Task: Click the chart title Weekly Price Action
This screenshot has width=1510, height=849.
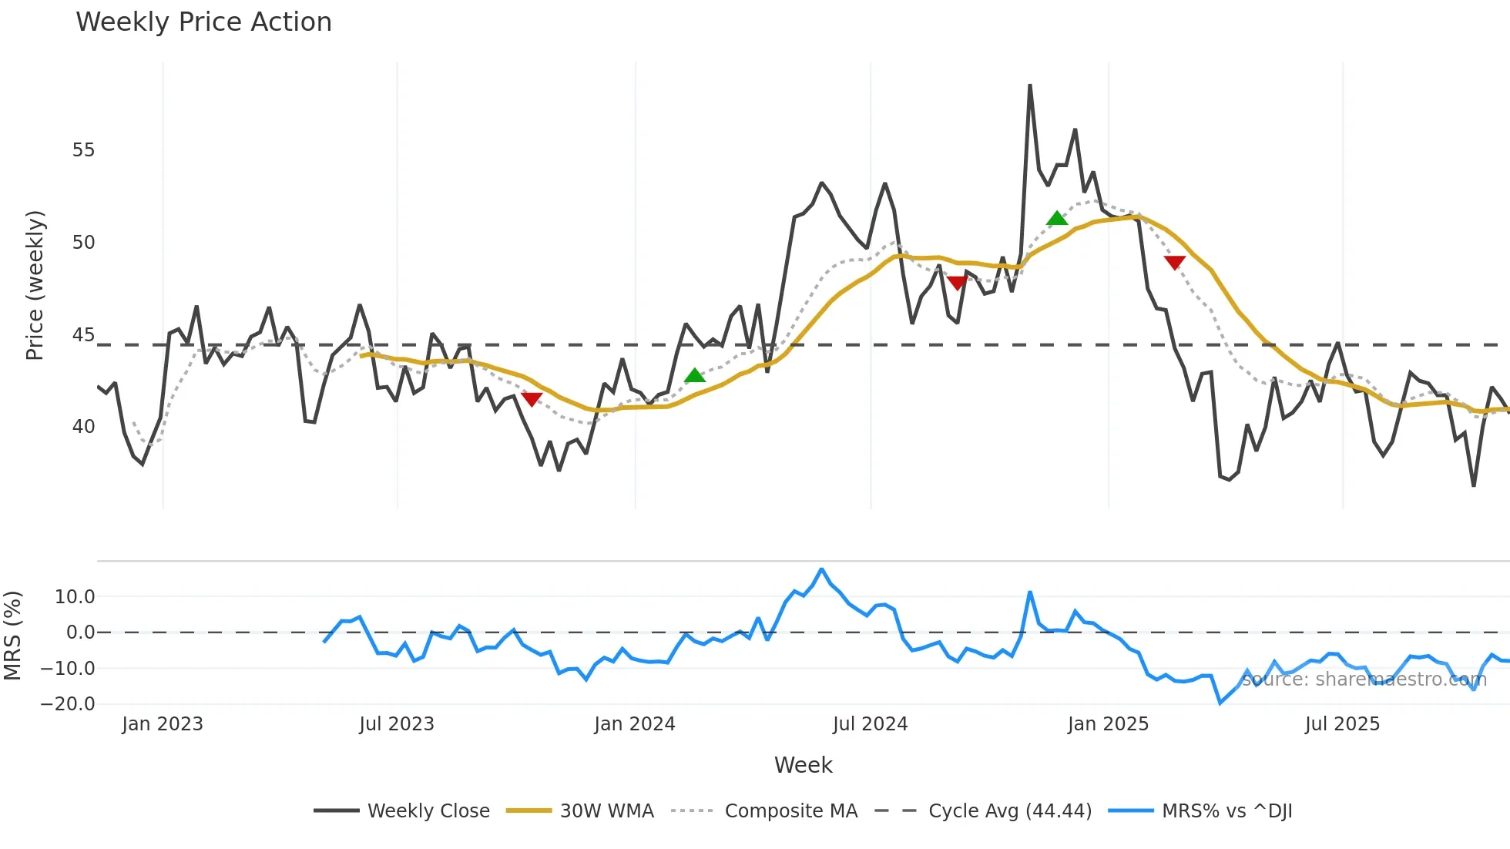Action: pos(203,22)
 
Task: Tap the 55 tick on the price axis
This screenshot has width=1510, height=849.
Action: pos(83,150)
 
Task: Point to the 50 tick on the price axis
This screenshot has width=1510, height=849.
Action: pos(83,243)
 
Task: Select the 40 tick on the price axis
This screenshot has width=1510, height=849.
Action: pos(83,427)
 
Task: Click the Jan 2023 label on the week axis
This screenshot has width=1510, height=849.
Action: pos(163,724)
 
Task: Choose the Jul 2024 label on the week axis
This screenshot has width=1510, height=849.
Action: pos(870,724)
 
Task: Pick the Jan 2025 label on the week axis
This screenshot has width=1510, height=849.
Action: pos(1108,724)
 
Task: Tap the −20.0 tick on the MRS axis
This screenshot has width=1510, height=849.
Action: pos(68,704)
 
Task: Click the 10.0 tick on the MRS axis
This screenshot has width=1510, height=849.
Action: pos(75,597)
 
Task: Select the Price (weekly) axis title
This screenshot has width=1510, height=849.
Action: pos(35,285)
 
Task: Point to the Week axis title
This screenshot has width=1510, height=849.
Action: pos(803,765)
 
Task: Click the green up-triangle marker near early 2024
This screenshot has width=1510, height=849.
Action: pos(695,376)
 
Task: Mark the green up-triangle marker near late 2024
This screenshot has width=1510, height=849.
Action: pos(1057,219)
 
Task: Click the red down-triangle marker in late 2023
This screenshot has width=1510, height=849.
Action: pos(532,399)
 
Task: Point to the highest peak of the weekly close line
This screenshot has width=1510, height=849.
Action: pos(1030,86)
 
